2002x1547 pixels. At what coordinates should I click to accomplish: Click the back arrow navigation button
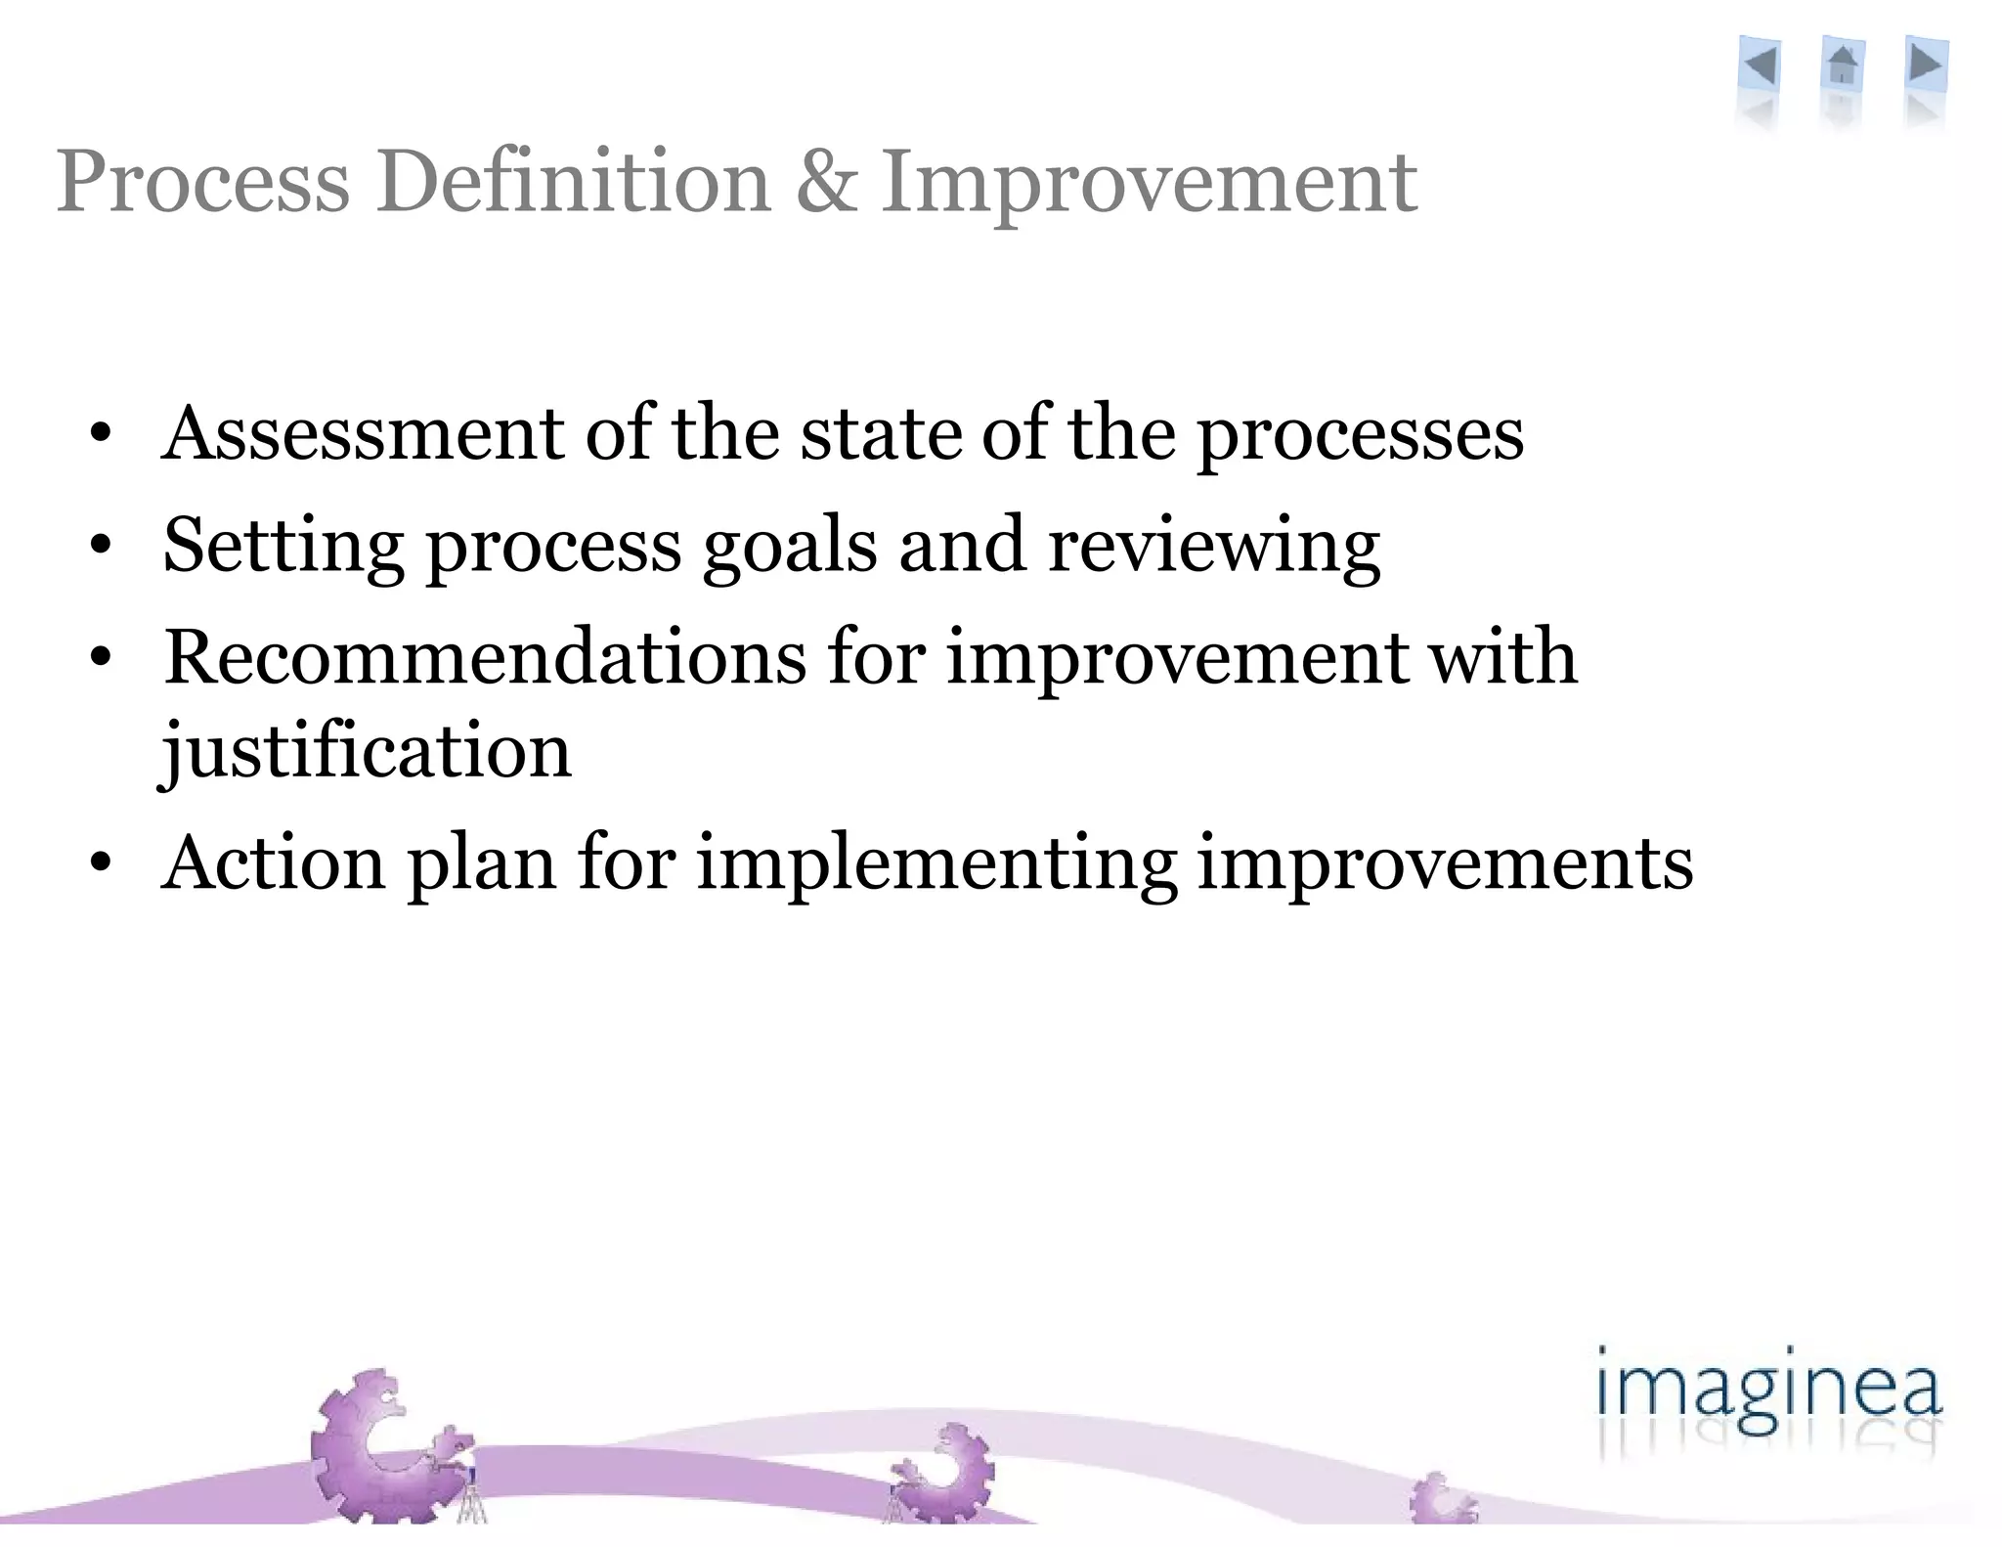[x=1761, y=66]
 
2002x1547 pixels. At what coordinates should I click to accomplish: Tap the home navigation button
[x=1843, y=66]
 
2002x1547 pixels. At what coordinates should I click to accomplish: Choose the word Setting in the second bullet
[x=283, y=546]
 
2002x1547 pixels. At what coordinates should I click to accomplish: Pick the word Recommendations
[x=485, y=657]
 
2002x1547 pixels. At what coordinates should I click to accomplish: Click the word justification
[x=367, y=751]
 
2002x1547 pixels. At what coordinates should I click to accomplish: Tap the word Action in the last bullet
[x=274, y=863]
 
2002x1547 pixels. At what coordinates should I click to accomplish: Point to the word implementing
[x=936, y=865]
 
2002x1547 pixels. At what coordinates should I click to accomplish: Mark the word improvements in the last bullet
[x=1445, y=865]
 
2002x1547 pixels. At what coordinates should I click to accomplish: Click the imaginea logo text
[x=1768, y=1392]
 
